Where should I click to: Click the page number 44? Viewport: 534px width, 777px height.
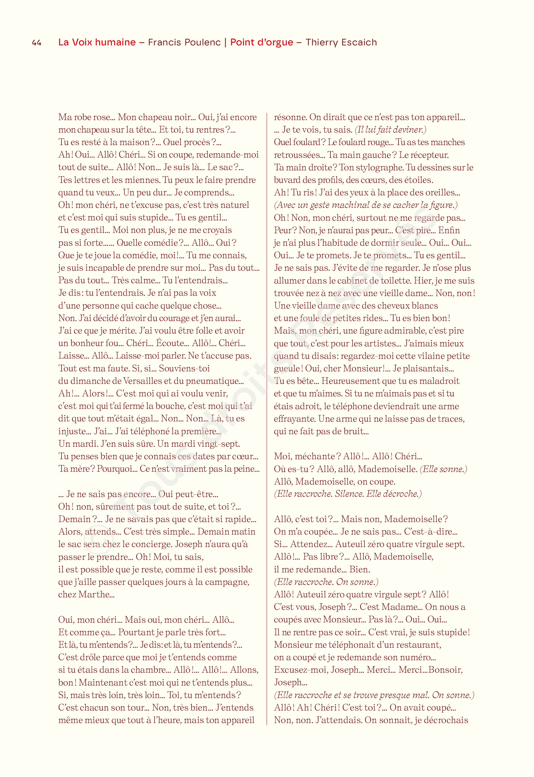pyautogui.click(x=36, y=42)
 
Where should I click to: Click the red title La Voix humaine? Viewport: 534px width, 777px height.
pyautogui.click(x=97, y=42)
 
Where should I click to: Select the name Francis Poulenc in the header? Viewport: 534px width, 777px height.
pyautogui.click(x=184, y=42)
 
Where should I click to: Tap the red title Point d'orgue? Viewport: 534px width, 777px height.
pyautogui.click(x=262, y=42)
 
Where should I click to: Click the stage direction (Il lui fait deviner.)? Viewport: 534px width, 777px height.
pyautogui.click(x=390, y=130)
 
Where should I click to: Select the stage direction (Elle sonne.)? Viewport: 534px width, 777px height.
pyautogui.click(x=443, y=469)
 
